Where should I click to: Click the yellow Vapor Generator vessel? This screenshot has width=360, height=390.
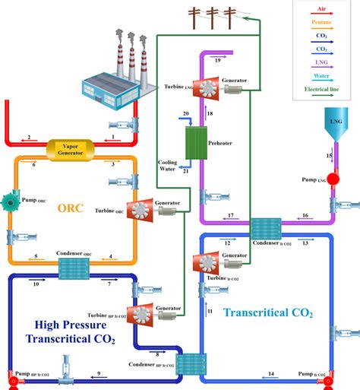[x=71, y=146]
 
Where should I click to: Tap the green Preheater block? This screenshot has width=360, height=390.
[x=198, y=141]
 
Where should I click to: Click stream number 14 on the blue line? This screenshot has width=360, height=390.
[x=271, y=374]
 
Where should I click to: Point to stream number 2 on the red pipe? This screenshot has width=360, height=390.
[x=28, y=138]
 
